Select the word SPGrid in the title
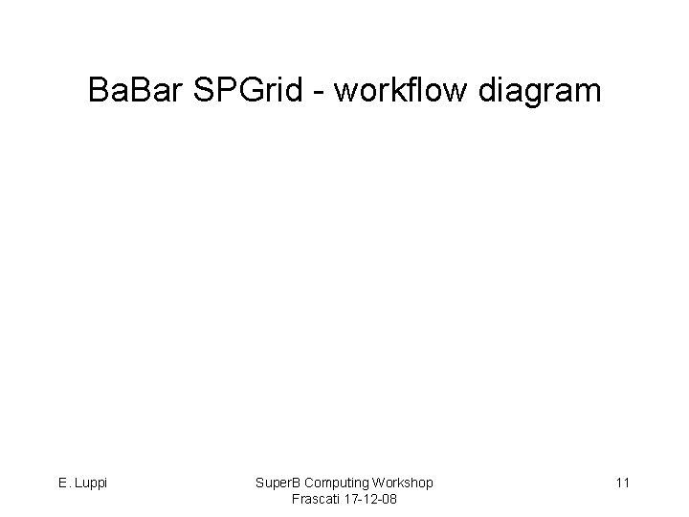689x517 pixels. pos(250,91)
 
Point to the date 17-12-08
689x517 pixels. pos(371,500)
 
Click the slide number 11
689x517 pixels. pos(622,483)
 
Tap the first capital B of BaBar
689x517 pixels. pos(98,91)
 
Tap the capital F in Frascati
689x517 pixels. pos(292,500)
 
